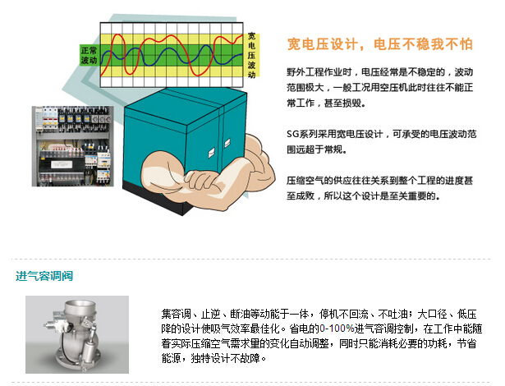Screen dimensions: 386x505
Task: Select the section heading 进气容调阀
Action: [44, 275]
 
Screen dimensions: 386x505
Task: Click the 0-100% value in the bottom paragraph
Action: [337, 329]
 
